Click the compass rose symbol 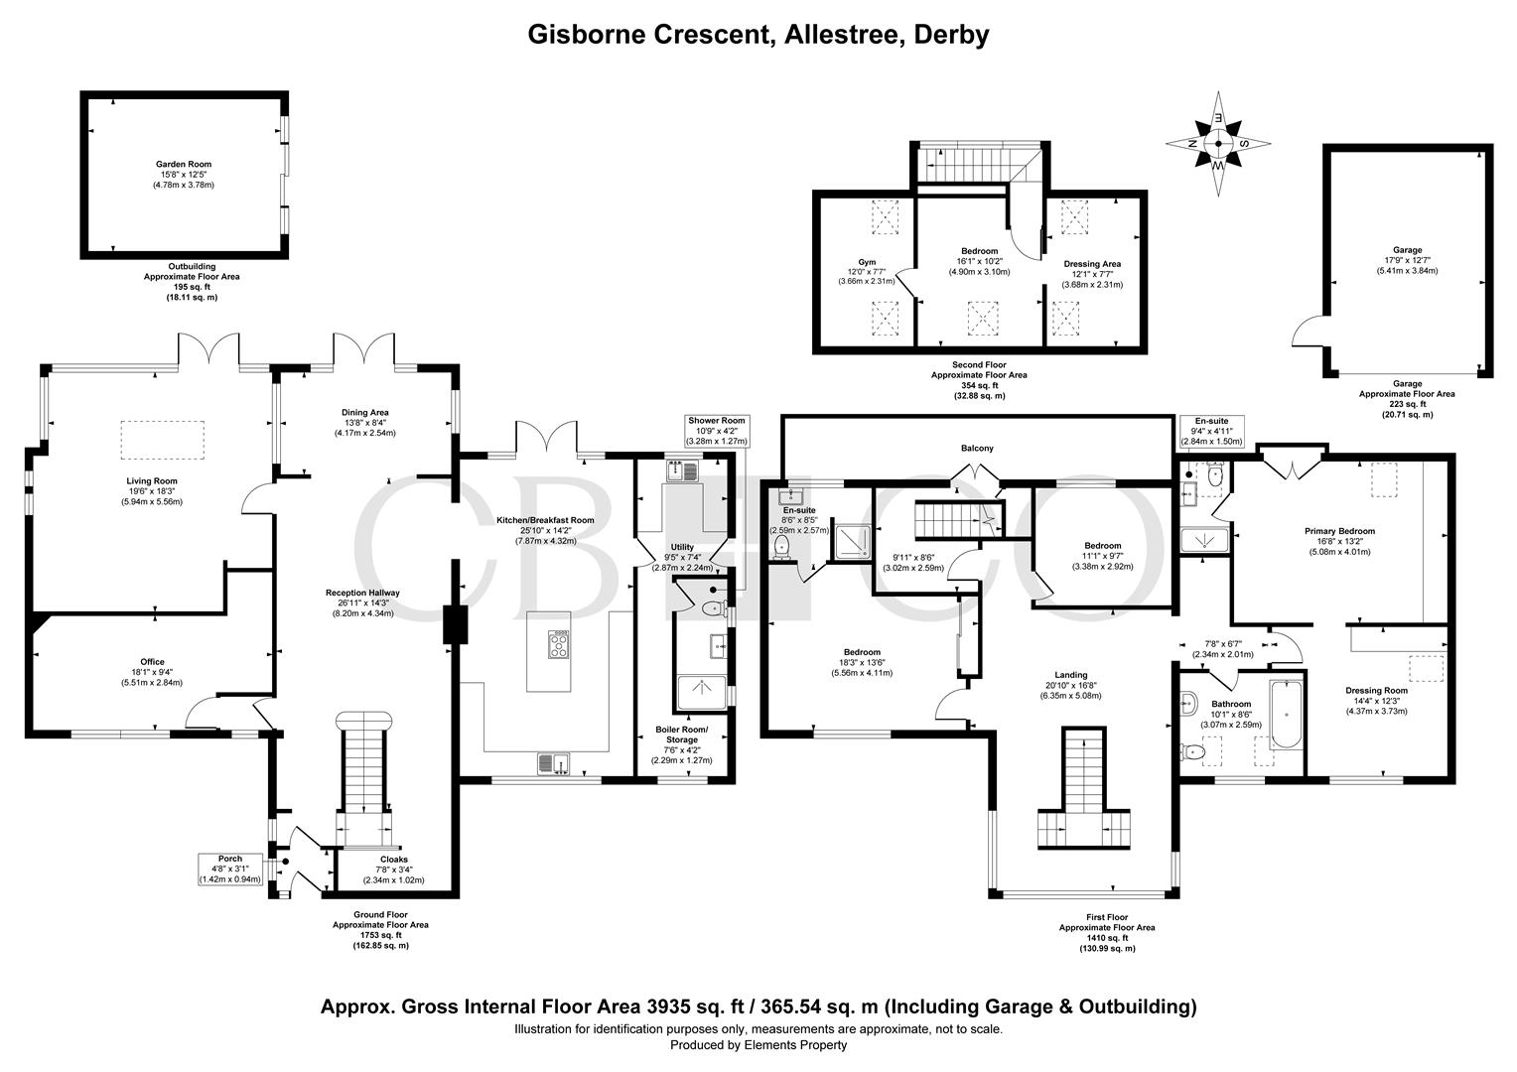(x=1217, y=143)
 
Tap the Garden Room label (x=183, y=175)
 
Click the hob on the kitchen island (x=560, y=646)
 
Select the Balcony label (x=977, y=449)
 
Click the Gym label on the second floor (x=867, y=271)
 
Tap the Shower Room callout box (x=716, y=430)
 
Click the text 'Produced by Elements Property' (x=758, y=1045)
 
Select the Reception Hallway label (x=362, y=603)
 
